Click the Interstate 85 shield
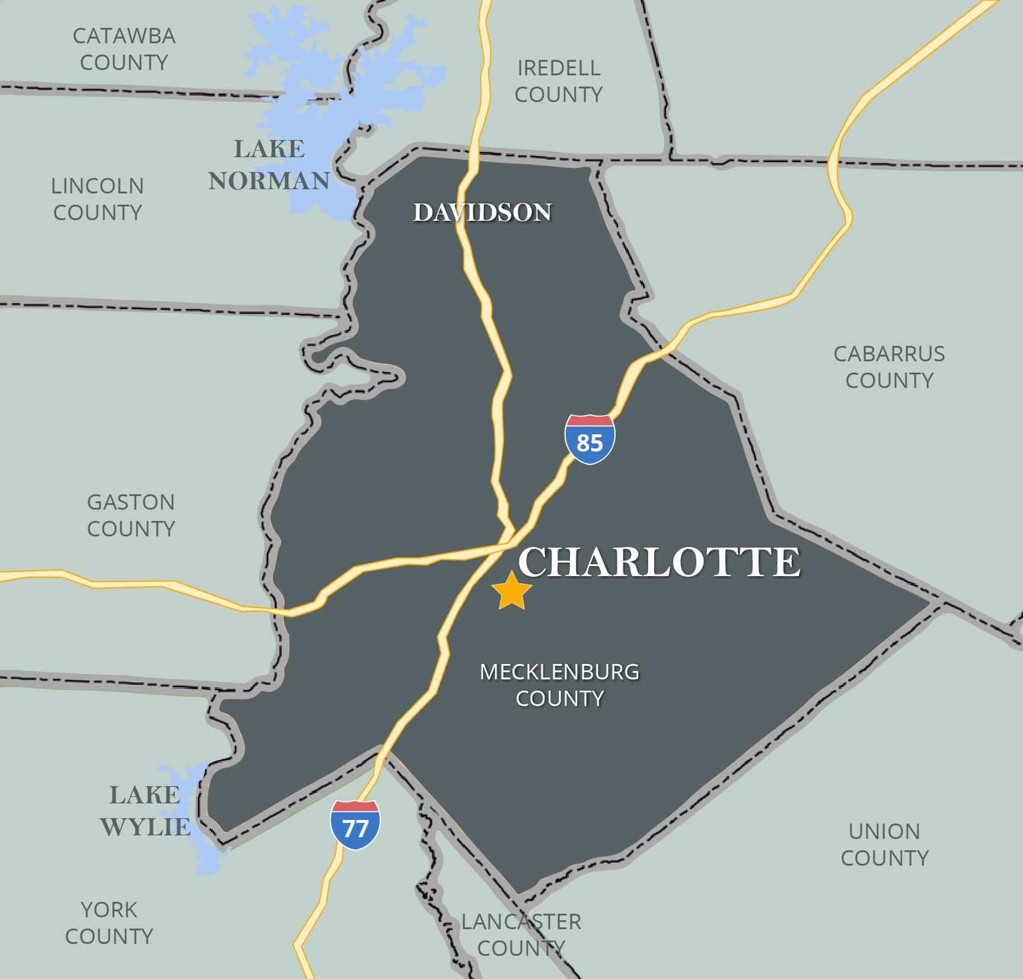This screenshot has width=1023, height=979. [x=589, y=439]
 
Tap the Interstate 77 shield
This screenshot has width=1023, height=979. [x=355, y=825]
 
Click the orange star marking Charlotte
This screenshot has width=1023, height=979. [x=512, y=592]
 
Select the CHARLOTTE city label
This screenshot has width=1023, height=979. [x=659, y=562]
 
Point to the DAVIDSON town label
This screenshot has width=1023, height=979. [x=482, y=212]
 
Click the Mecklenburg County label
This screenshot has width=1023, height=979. [x=559, y=685]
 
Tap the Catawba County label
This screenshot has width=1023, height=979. [x=124, y=49]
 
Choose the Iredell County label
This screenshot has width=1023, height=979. [x=558, y=81]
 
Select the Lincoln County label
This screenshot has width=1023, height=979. [x=97, y=199]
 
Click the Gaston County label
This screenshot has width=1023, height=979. [x=131, y=515]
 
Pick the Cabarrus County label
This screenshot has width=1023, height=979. [x=889, y=367]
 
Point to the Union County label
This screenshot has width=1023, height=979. [x=884, y=844]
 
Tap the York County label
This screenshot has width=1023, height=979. [x=109, y=923]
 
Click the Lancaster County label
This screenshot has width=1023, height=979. [x=521, y=935]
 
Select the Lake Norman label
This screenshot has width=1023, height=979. [x=269, y=165]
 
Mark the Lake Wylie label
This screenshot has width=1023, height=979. [x=145, y=810]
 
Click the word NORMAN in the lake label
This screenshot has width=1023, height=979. [x=269, y=180]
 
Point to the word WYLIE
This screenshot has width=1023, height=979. [x=145, y=827]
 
